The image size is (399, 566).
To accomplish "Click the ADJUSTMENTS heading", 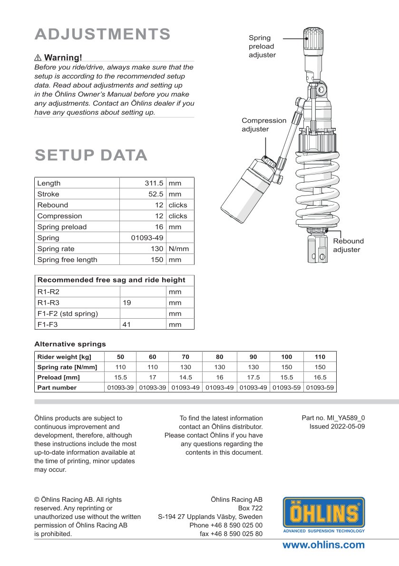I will click(103, 34).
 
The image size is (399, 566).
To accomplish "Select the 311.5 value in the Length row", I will click(154, 183).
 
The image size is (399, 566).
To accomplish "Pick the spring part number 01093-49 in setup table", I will click(147, 237).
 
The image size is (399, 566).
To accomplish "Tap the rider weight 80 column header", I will click(219, 357).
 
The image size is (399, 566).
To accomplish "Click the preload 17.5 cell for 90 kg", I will click(253, 377).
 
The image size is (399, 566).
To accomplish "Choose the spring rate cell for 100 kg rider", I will click(286, 367).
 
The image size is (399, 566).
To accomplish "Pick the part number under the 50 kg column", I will click(120, 387).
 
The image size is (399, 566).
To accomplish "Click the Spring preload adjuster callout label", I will click(262, 46).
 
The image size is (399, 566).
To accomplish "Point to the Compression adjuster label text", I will click(264, 125).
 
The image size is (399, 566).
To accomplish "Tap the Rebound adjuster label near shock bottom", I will click(348, 245).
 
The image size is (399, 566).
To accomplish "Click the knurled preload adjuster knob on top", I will click(314, 39).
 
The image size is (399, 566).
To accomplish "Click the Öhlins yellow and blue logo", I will click(324, 515).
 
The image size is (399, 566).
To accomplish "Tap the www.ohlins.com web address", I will click(324, 545).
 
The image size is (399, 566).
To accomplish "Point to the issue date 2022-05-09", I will click(337, 427).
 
